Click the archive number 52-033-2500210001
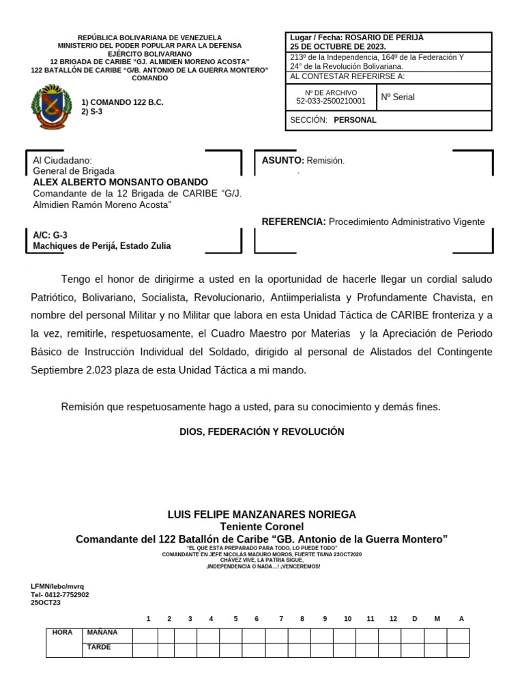tap(331, 101)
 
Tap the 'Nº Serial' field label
tap(398, 97)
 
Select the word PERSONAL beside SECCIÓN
tap(355, 120)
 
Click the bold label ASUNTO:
tap(283, 160)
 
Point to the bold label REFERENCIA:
tap(294, 222)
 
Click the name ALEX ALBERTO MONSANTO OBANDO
tap(121, 182)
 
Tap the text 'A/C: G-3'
tap(50, 234)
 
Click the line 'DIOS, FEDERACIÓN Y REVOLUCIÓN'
tap(262, 431)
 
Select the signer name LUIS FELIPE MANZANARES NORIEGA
tap(262, 514)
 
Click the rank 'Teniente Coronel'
tap(262, 526)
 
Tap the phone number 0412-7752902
tap(65, 594)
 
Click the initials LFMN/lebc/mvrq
tap(57, 586)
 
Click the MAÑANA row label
tap(102, 633)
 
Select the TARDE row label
tap(99, 648)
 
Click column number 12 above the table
tap(393, 618)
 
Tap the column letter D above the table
tap(414, 618)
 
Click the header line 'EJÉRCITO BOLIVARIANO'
tap(149, 53)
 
